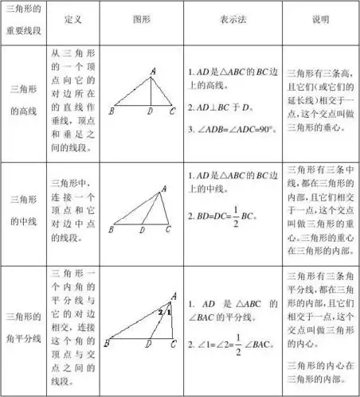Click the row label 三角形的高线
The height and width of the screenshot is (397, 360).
(x=24, y=102)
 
